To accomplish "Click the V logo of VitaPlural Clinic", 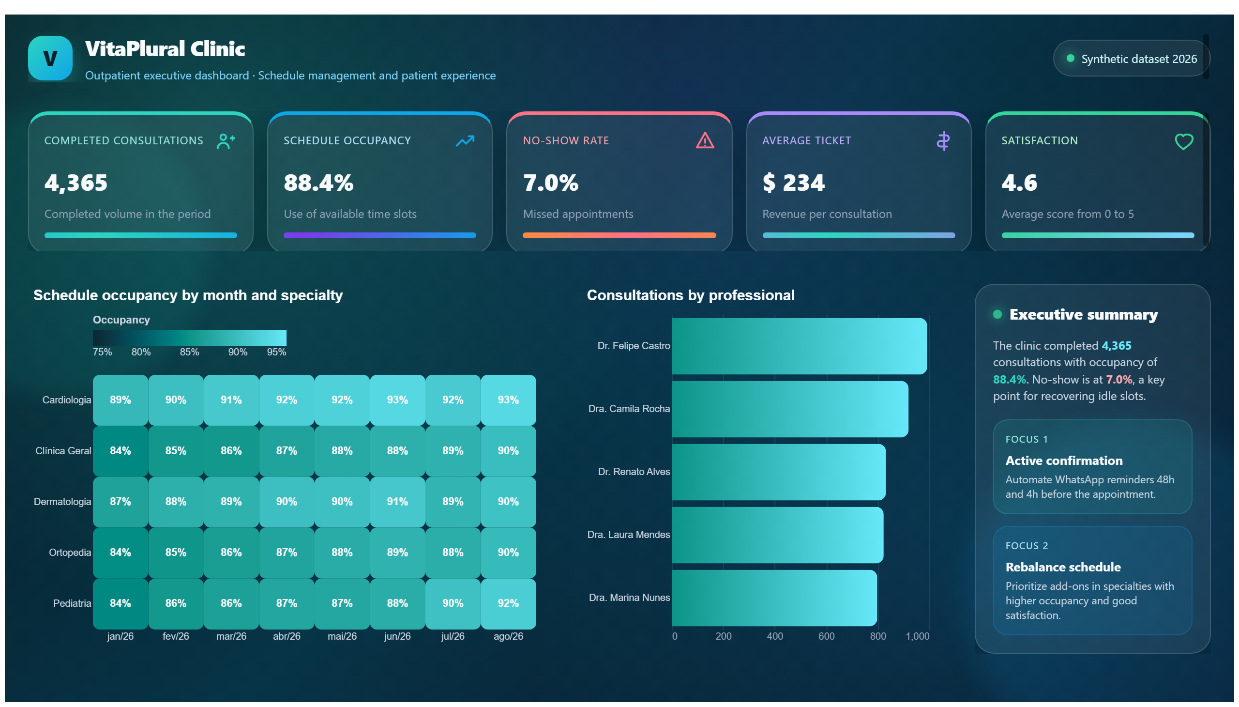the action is point(50,58).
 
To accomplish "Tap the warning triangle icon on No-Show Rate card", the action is point(705,141).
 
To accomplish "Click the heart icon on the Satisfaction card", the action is point(1183,142).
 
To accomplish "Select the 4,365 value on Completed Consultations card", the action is point(76,183).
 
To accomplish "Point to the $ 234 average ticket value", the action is point(793,183).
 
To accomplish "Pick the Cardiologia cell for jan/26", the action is point(121,400).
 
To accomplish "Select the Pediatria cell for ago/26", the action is point(508,603).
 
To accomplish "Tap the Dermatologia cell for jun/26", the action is point(397,502).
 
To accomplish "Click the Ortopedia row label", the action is point(70,553).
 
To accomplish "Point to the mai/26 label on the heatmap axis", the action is point(342,636).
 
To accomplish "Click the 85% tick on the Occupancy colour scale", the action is point(189,352).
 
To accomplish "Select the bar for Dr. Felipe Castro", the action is point(799,346).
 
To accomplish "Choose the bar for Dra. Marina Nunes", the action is point(774,598).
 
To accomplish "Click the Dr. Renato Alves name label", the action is point(634,472).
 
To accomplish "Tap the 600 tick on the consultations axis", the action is point(826,636).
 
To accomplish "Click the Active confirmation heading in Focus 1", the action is point(1064,461).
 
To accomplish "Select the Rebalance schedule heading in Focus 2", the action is point(1063,567).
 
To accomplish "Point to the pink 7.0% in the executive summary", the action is point(1119,380).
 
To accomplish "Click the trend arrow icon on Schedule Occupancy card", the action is point(465,141).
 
